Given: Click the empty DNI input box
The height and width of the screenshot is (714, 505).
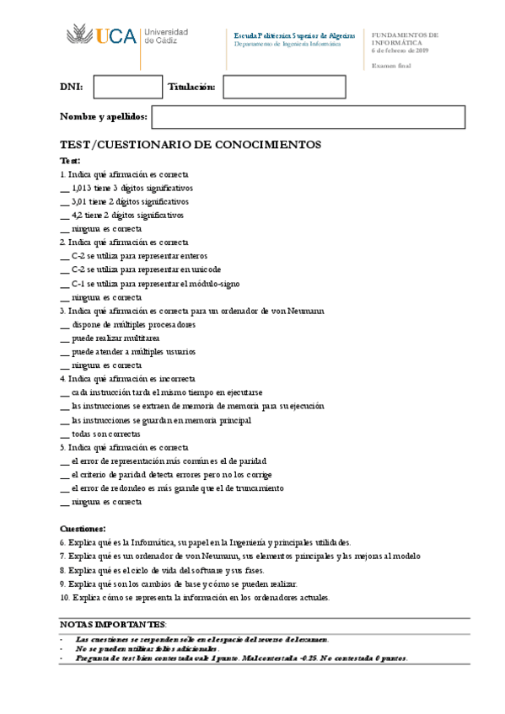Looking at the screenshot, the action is [127, 87].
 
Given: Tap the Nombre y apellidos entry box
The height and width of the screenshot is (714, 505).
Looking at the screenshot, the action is [308, 117].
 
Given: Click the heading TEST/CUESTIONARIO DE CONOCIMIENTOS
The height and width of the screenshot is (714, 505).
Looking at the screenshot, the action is [191, 145].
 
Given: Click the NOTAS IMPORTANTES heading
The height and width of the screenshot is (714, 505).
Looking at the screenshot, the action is [114, 625].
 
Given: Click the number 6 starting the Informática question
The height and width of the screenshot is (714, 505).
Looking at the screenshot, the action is [62, 543].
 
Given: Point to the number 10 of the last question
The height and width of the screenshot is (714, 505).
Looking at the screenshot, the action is [64, 598].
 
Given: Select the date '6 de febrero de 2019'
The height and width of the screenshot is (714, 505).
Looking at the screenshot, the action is [400, 51].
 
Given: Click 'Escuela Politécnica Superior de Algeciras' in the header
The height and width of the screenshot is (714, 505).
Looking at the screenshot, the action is [294, 35].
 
